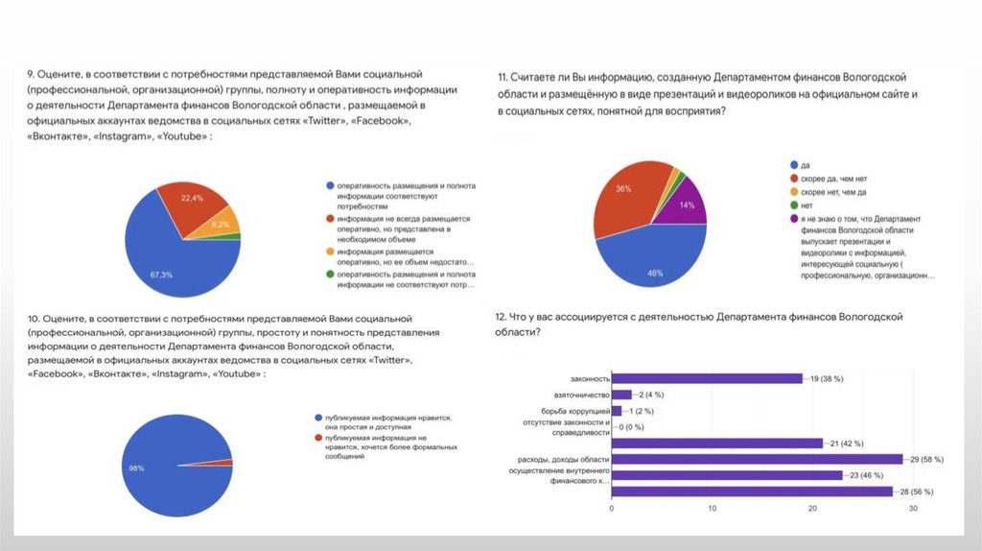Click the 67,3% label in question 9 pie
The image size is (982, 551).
click(x=160, y=275)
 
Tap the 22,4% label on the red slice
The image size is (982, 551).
click(x=192, y=198)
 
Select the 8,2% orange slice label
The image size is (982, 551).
click(x=220, y=224)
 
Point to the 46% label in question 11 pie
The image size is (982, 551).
click(x=655, y=273)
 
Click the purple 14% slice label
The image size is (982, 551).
click(x=686, y=205)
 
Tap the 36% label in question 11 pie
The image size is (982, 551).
click(x=623, y=189)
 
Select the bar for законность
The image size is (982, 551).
click(x=707, y=378)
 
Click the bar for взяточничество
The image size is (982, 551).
click(x=621, y=395)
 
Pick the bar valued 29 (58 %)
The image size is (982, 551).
click(x=757, y=459)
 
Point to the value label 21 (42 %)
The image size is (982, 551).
click(x=847, y=443)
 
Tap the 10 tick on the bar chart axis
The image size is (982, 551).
click(x=712, y=508)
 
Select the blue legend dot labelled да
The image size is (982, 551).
click(x=793, y=165)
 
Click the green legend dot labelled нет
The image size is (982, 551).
click(x=793, y=205)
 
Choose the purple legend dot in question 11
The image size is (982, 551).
click(x=793, y=219)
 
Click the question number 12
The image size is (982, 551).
click(x=501, y=316)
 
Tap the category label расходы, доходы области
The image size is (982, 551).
click(x=563, y=459)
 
